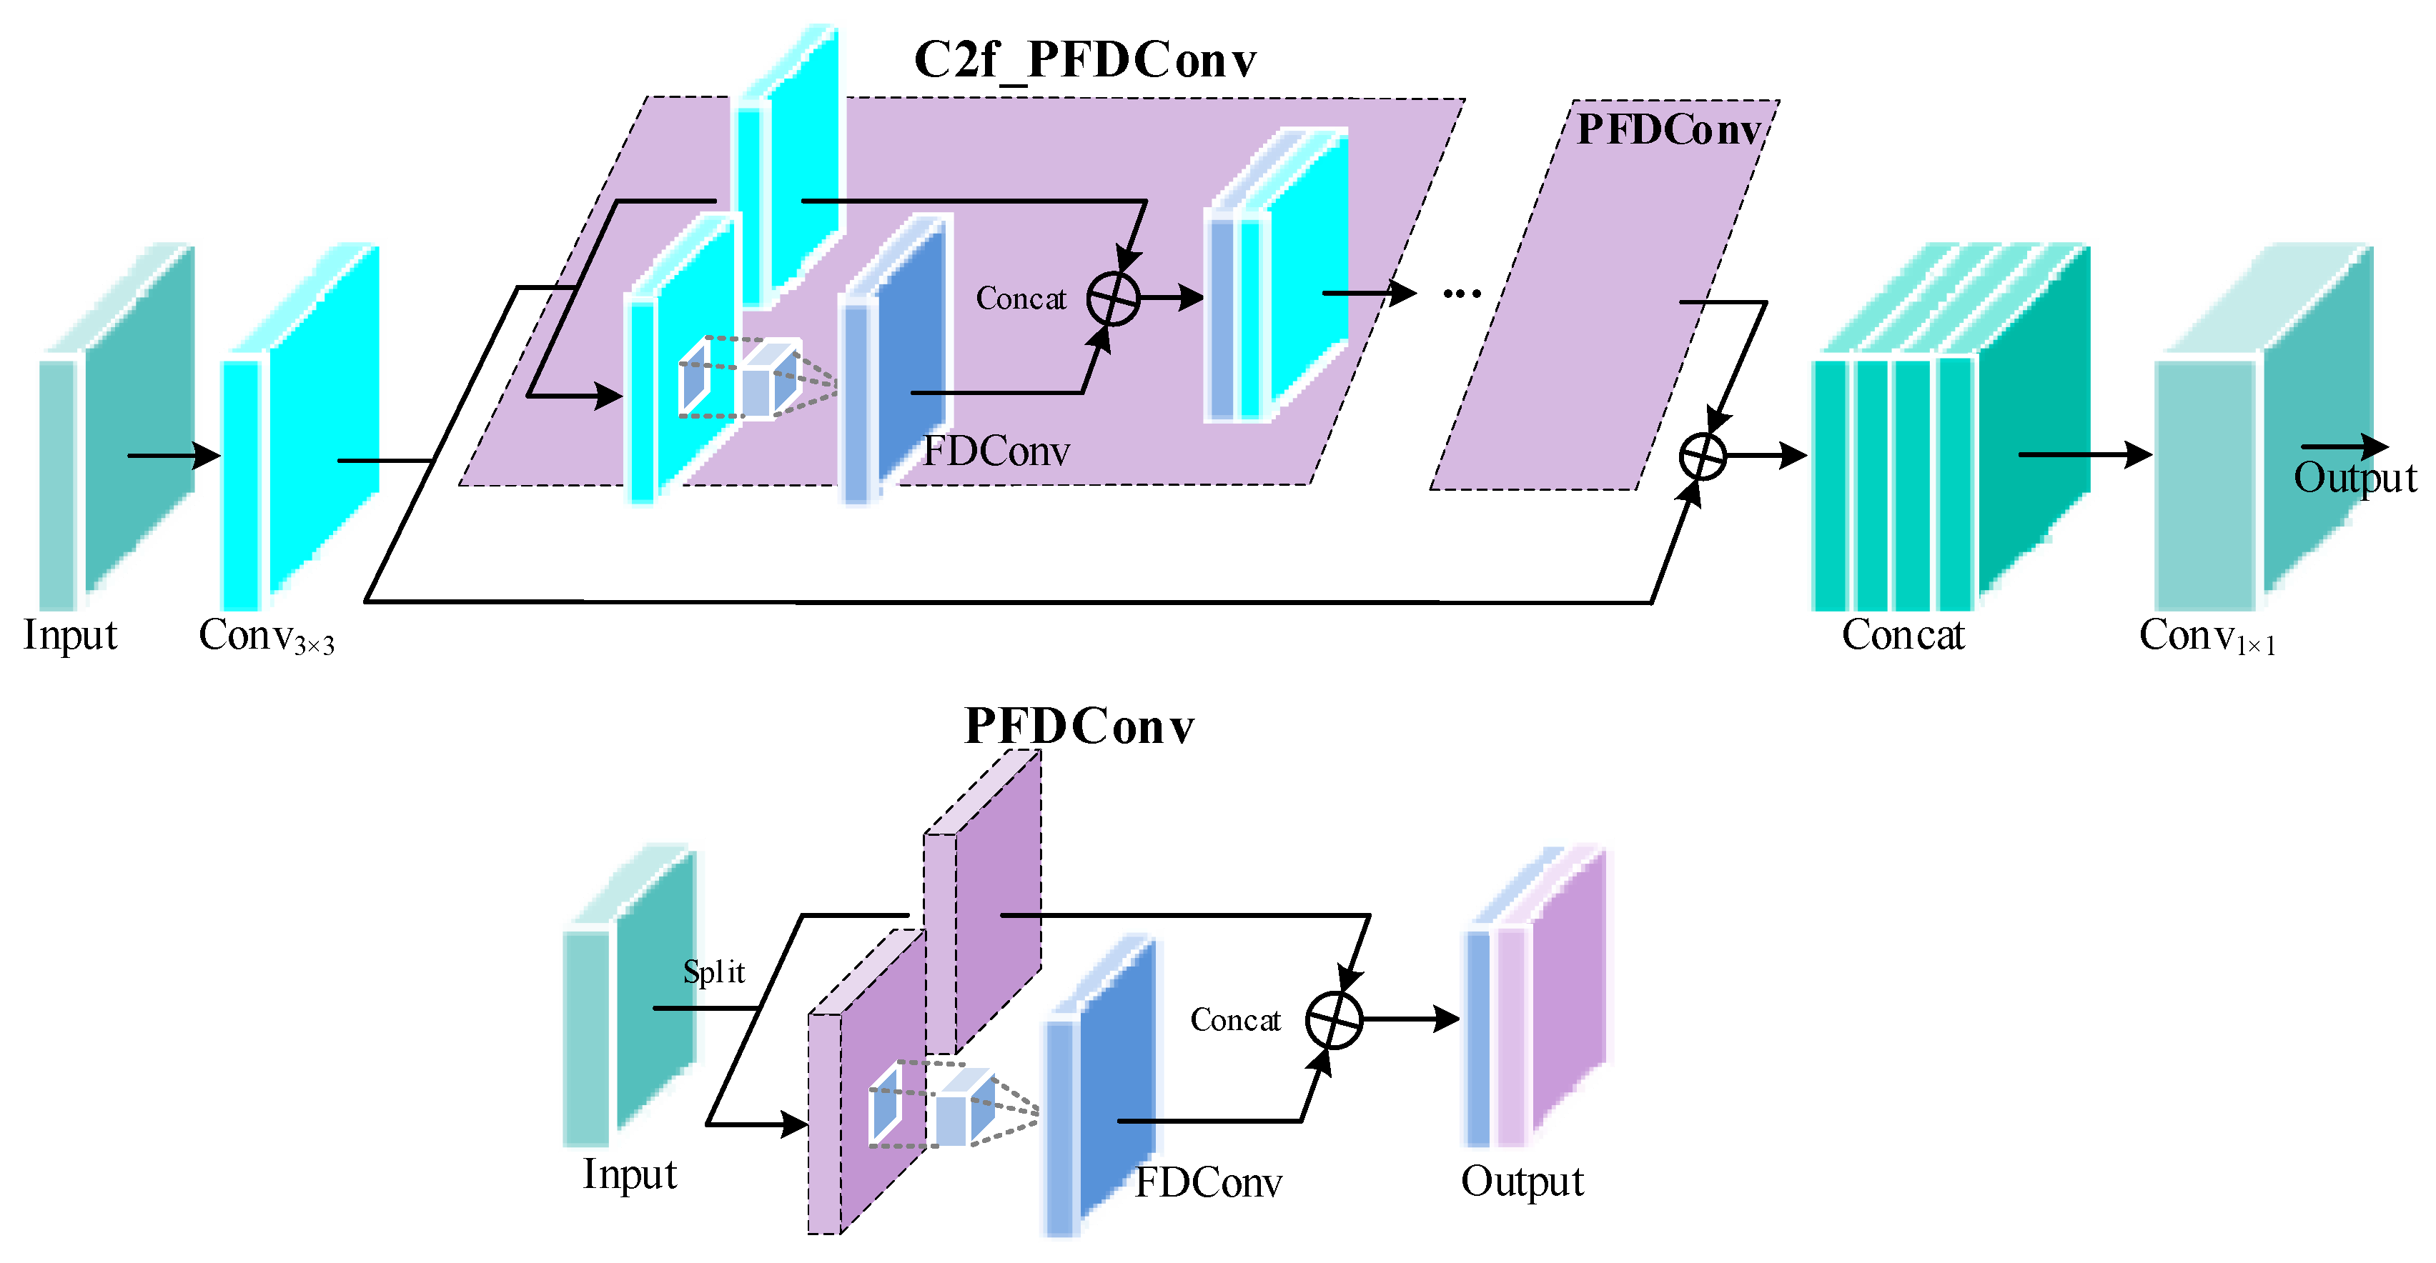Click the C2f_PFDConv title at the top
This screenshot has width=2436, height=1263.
[x=1084, y=61]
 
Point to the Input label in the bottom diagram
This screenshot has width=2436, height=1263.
[x=630, y=1175]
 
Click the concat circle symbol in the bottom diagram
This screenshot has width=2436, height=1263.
[x=1333, y=1020]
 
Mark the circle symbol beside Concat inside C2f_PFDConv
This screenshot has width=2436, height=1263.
[x=1113, y=299]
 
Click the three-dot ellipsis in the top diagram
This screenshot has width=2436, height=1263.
[x=1462, y=294]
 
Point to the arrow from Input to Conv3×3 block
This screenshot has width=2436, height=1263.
[x=174, y=456]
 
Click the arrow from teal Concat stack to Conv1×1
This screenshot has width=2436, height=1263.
[x=2085, y=455]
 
